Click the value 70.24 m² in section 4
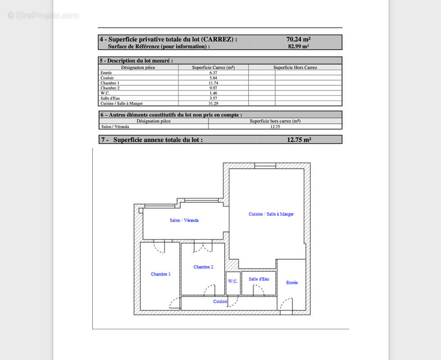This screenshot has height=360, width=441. pyautogui.click(x=298, y=39)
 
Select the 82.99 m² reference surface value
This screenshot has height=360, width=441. pyautogui.click(x=298, y=46)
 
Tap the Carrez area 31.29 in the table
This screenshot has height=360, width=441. pyautogui.click(x=214, y=103)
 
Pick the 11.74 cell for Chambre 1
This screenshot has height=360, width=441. pyautogui.click(x=214, y=83)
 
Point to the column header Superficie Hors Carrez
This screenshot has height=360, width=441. pyautogui.click(x=295, y=67)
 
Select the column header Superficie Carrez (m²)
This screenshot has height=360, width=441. pyautogui.click(x=214, y=67)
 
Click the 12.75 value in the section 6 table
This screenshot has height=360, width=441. pyautogui.click(x=275, y=126)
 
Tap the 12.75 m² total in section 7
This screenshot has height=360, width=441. pyautogui.click(x=299, y=139)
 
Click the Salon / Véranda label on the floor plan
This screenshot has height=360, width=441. pyautogui.click(x=184, y=220)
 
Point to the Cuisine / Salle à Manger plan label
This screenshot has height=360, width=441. pyautogui.click(x=271, y=214)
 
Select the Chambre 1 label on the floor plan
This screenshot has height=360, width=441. pyautogui.click(x=160, y=274)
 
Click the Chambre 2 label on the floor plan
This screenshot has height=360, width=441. pyautogui.click(x=203, y=267)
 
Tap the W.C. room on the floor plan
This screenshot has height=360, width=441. pyautogui.click(x=233, y=281)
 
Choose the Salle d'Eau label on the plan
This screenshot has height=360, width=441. pyautogui.click(x=259, y=279)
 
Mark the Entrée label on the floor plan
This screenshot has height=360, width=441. pyautogui.click(x=292, y=283)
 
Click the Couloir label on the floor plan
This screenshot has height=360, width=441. pyautogui.click(x=220, y=301)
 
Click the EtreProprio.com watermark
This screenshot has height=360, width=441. pyautogui.click(x=43, y=15)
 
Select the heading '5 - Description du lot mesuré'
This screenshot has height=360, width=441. pyautogui.click(x=136, y=60)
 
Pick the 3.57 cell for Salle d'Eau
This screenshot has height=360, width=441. pyautogui.click(x=214, y=98)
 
